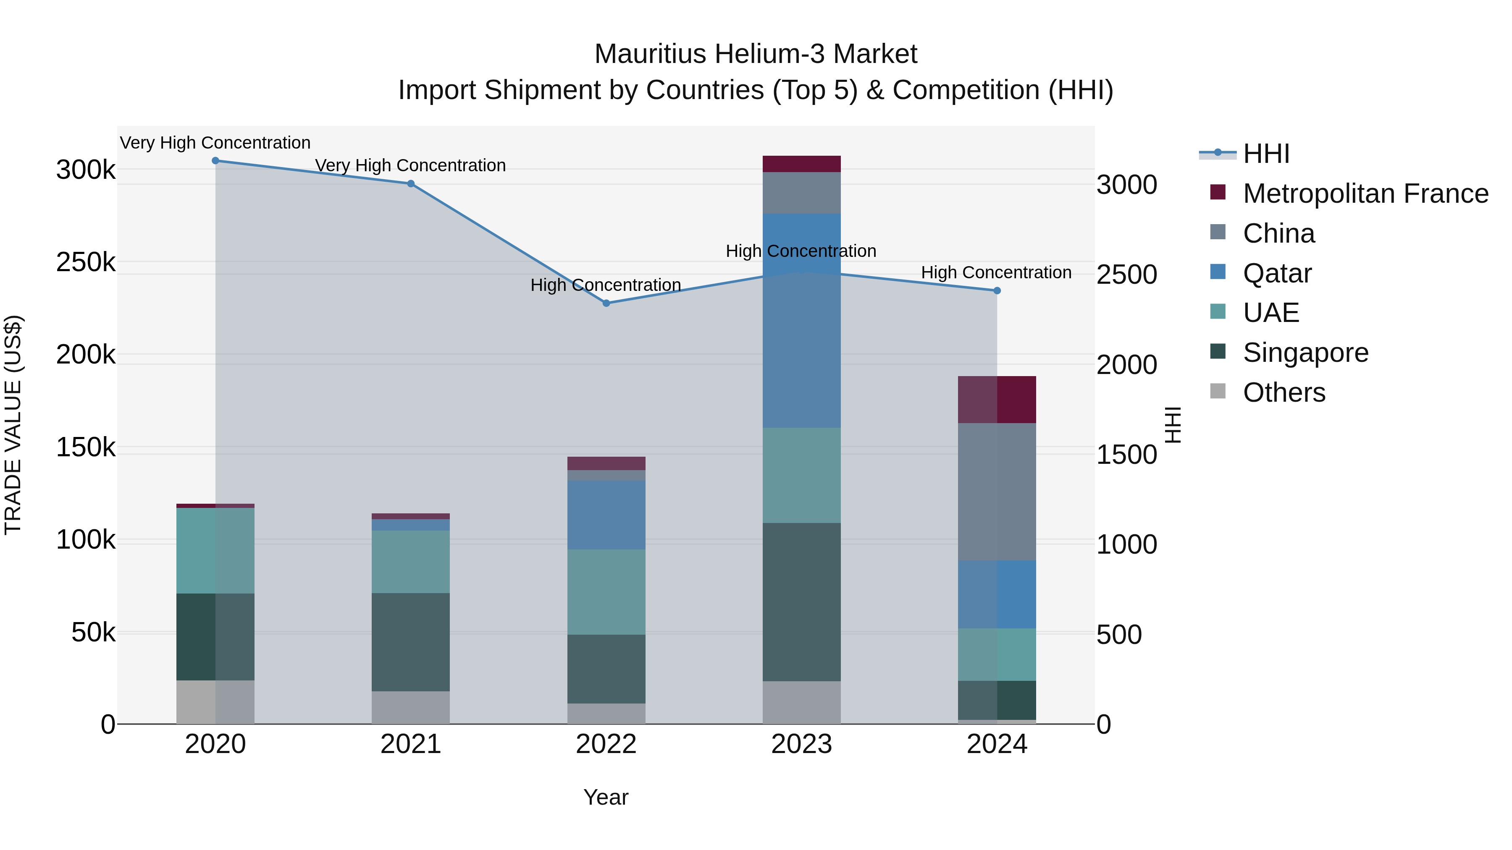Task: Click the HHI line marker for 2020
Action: tap(215, 161)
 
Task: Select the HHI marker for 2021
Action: tap(411, 183)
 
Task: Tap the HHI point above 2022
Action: tap(606, 303)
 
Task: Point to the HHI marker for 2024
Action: tap(997, 290)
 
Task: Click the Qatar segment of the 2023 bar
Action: tap(801, 320)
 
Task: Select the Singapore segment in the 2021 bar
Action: tap(410, 642)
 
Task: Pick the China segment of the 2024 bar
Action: tap(997, 492)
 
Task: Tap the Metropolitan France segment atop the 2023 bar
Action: tap(801, 164)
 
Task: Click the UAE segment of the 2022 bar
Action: tap(606, 592)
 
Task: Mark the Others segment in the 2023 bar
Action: tap(801, 702)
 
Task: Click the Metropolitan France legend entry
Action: tap(1365, 194)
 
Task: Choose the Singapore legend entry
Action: tap(1305, 353)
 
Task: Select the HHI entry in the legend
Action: tap(1266, 154)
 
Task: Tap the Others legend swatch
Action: tap(1218, 391)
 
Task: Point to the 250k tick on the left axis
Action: tap(86, 262)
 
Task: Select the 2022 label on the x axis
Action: tap(606, 744)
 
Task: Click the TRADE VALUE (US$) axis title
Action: tap(13, 425)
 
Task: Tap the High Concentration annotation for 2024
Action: tap(996, 273)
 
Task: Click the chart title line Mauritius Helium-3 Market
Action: tap(756, 54)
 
